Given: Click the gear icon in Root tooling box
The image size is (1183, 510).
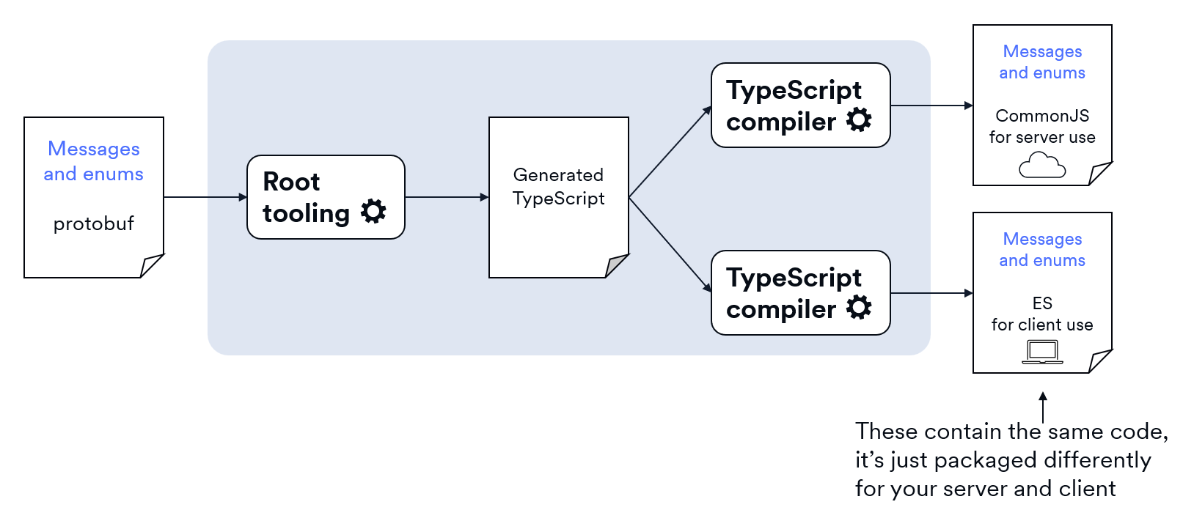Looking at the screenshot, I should coord(373,211).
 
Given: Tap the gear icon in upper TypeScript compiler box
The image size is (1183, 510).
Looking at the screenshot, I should coord(859,119).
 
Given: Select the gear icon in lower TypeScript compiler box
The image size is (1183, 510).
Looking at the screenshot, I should coord(859,307).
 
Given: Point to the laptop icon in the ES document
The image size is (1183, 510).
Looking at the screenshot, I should coord(1042,352).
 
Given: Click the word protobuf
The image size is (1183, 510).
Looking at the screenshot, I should coord(93,223).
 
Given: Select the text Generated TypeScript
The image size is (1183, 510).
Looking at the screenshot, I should coord(558,187).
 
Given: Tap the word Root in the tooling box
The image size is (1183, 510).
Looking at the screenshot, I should coord(291,181).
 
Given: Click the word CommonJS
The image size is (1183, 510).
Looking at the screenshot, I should coord(1042,116).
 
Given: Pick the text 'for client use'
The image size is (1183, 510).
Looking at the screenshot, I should coord(1042,325).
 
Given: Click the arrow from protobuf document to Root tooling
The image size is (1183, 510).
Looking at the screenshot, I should coord(205,197).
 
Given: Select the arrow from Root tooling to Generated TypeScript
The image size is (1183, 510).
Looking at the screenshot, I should coord(447,197).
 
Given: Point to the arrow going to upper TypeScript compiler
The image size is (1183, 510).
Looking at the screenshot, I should coord(670,152).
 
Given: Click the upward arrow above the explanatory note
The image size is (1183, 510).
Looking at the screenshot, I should coord(1043,407).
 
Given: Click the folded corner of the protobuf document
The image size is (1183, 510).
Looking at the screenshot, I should coord(151,265).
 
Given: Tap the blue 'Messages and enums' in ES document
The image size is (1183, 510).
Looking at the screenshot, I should coord(1042,250).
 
